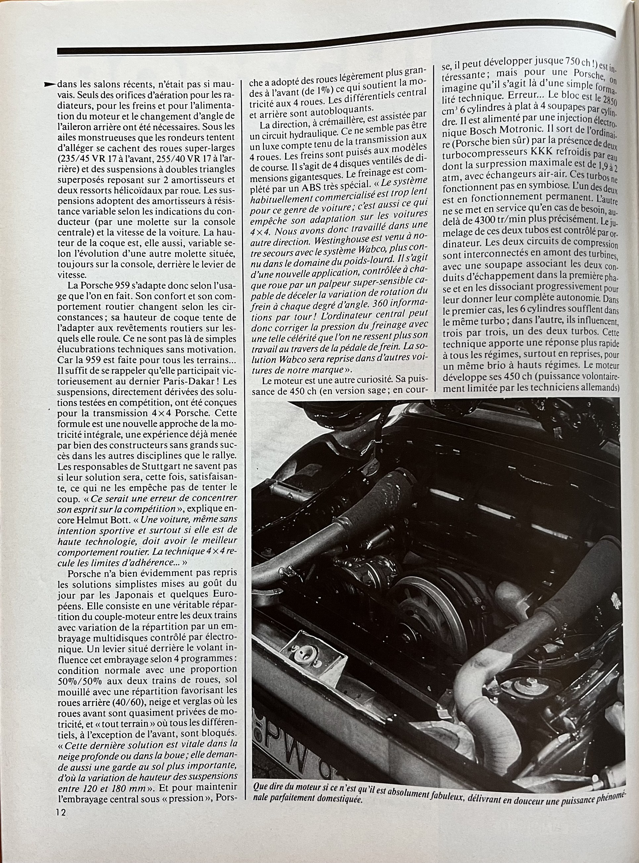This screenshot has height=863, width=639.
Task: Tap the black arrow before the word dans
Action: point(50,85)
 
